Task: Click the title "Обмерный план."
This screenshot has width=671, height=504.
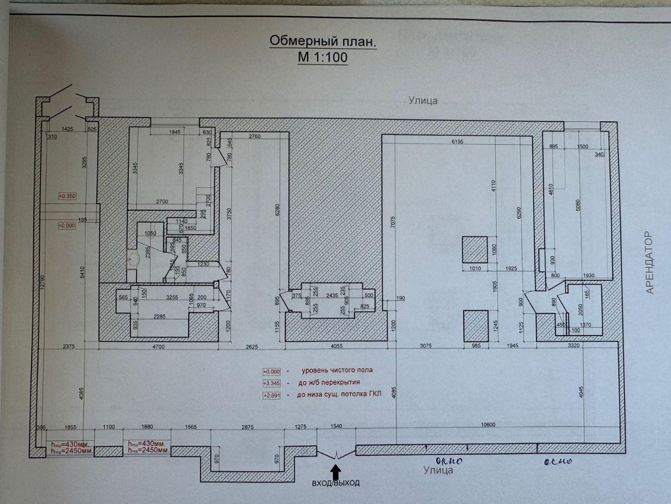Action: point(322,41)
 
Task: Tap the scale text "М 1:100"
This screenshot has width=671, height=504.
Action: point(322,57)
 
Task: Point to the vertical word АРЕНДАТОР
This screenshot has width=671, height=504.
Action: point(650,263)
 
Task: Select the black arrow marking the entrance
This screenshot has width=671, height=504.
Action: point(336,468)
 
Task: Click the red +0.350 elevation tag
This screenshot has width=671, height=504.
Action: point(68,196)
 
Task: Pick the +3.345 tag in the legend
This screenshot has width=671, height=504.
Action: point(271,383)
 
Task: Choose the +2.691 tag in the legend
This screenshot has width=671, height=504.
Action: point(271,395)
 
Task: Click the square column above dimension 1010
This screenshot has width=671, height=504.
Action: point(474,249)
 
